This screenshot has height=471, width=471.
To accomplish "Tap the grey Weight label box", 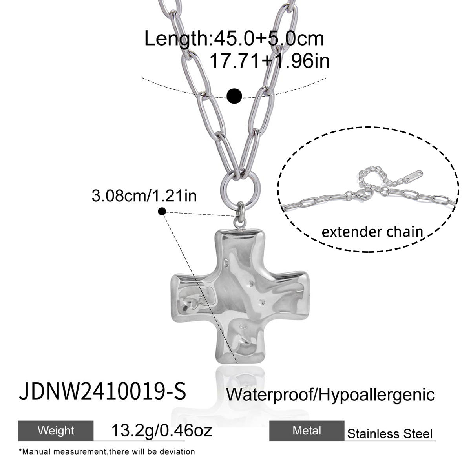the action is point(56,431).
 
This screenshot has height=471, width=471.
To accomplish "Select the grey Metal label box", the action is point(307,431).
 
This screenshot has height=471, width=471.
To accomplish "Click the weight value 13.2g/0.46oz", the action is point(162,430).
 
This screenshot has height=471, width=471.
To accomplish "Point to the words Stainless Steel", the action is point(390,434).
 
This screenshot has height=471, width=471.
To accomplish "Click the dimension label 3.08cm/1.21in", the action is point(144,196).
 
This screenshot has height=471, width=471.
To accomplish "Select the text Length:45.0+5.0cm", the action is point(234,38).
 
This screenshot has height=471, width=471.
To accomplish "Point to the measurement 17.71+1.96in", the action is point(270,61).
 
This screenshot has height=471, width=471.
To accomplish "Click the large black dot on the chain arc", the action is point(234,96).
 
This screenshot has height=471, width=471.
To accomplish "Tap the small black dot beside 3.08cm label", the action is point(162,212).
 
